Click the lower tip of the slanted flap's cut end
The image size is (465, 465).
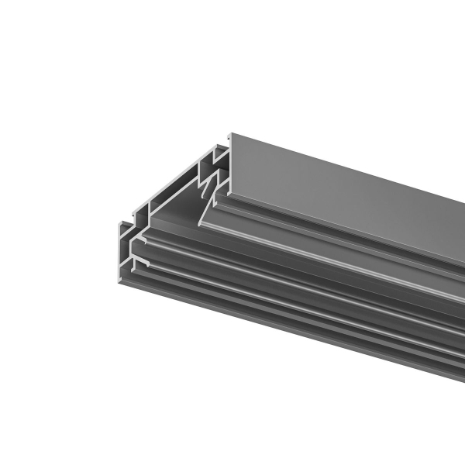(x=199, y=225)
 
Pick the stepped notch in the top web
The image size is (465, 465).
(x=144, y=210)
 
